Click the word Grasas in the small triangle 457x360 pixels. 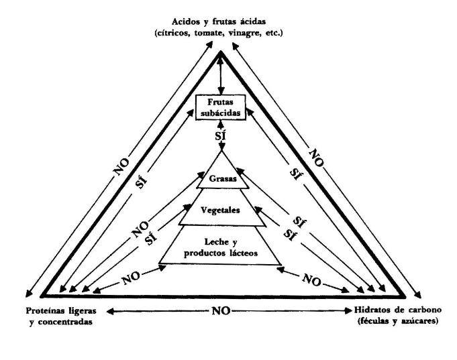tap(220, 180)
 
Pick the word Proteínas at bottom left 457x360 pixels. tap(46, 312)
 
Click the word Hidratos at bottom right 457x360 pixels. tap(372, 312)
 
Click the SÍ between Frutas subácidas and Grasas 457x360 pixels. tap(221, 137)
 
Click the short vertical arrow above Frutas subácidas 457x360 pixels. tap(221, 74)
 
